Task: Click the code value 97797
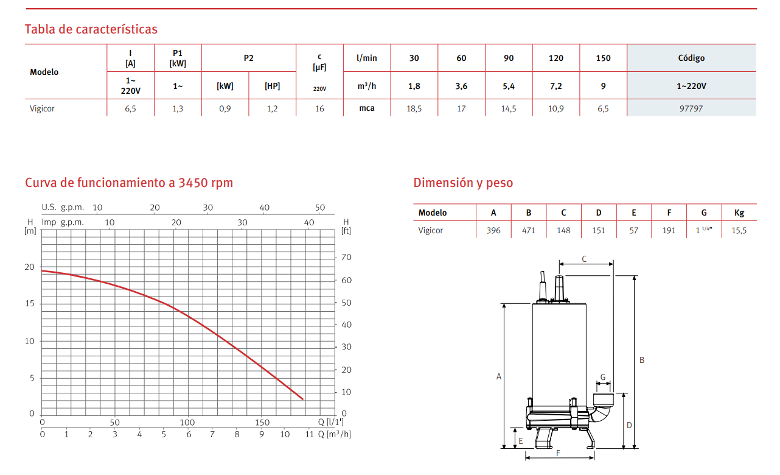tap(691, 108)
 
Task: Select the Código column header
tap(691, 58)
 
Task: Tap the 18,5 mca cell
tap(414, 108)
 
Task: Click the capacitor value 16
tap(319, 108)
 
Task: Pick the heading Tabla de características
tap(91, 29)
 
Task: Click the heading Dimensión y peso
tap(463, 183)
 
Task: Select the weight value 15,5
tap(739, 230)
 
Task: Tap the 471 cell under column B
tap(529, 230)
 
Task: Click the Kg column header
tap(739, 213)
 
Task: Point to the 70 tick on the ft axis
tap(346, 258)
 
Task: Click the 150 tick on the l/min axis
tap(262, 423)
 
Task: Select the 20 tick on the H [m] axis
tap(30, 267)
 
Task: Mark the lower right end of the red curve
tap(302, 399)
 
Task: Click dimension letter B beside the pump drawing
tap(642, 360)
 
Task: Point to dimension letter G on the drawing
tap(603, 377)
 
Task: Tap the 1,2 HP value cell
tap(272, 108)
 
